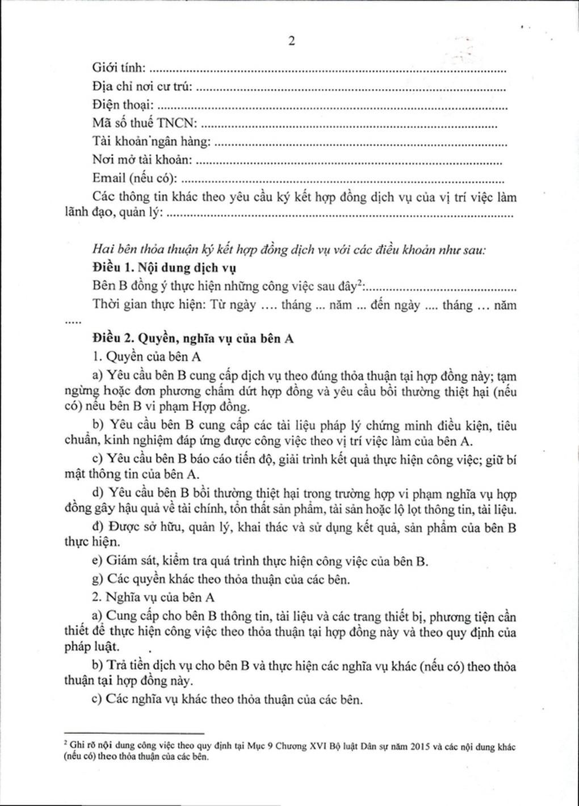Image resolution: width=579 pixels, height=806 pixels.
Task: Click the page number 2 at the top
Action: coord(292,41)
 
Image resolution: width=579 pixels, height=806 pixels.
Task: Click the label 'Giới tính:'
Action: coord(119,68)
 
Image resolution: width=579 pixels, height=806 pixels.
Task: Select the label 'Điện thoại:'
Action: coord(123,105)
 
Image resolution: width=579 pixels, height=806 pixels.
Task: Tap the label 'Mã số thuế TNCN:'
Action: coord(145,123)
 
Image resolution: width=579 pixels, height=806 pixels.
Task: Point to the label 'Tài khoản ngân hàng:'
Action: coord(152,141)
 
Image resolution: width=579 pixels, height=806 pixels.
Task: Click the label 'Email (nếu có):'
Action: coord(135,178)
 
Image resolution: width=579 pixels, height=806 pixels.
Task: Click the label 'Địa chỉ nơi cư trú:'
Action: coord(142,87)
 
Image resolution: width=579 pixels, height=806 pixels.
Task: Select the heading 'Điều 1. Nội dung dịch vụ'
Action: coord(164,267)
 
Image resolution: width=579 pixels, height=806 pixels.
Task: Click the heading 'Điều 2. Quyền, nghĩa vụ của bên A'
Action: coord(192,338)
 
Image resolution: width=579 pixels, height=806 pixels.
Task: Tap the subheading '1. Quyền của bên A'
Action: coord(146,356)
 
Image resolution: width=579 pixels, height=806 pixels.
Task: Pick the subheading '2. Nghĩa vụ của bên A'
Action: coord(153,597)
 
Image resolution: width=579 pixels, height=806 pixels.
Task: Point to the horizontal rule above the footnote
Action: coord(134,733)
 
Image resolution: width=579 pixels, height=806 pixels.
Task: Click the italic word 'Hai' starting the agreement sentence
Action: coord(101,250)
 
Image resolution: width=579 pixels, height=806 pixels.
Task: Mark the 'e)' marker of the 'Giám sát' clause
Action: coord(97,561)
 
